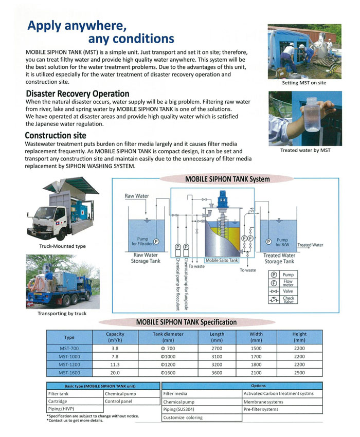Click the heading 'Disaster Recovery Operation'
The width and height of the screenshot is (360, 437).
tap(77, 94)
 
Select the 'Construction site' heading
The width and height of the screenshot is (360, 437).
tap(55, 136)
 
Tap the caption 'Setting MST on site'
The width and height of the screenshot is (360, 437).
tap(304, 82)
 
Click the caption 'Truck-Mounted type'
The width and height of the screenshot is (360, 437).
tap(62, 246)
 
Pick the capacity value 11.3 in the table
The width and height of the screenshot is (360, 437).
tap(115, 365)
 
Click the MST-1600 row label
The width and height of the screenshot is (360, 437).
tap(69, 373)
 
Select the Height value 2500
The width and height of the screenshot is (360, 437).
tap(299, 373)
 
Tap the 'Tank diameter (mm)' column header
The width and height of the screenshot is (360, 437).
tap(168, 337)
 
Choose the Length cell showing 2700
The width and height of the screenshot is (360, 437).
tap(217, 349)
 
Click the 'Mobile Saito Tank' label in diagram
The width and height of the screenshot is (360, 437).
tap(222, 261)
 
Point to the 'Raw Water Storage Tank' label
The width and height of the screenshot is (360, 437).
tap(146, 258)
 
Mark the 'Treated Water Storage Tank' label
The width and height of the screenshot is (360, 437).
tap(280, 259)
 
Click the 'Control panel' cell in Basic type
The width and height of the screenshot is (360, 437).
tap(119, 402)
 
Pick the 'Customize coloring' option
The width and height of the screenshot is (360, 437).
tap(183, 417)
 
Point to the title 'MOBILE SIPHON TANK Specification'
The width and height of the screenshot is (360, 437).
tap(186, 322)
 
